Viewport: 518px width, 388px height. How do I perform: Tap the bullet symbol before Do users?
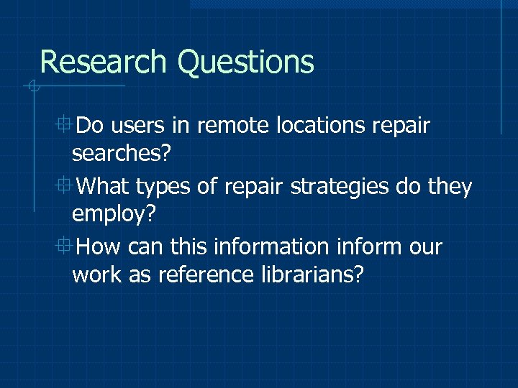65,125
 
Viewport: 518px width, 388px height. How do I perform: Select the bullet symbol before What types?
65,185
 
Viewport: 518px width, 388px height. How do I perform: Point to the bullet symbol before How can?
65,246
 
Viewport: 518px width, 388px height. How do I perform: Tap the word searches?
119,154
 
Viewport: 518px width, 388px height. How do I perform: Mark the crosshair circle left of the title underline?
32,88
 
